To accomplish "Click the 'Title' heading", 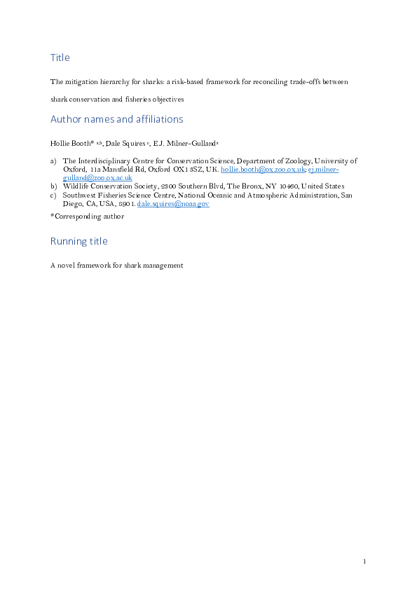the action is point(60,57).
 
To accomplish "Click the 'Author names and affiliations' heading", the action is point(116,119).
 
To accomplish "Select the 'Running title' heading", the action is point(78,241).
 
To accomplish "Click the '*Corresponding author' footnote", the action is point(87,217).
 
